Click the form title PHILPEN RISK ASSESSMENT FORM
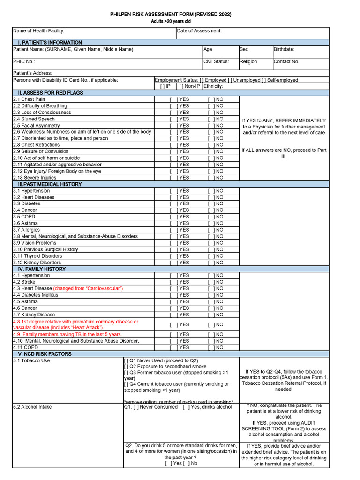tap(171, 14)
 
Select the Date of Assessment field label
tap(199, 31)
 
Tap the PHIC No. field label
tap(24, 61)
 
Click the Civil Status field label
tap(216, 61)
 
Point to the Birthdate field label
tap(284, 49)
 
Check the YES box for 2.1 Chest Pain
tap(173, 99)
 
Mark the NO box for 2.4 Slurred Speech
tap(211, 119)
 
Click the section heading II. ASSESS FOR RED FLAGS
tap(47, 93)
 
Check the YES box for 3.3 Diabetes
tap(173, 204)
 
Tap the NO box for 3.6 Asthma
tap(211, 224)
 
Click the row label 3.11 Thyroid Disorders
tap(37, 256)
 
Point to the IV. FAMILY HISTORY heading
tap(42, 269)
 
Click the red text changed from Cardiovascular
tap(88, 288)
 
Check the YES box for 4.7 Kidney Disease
tap(173, 315)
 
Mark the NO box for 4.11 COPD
tap(211, 347)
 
